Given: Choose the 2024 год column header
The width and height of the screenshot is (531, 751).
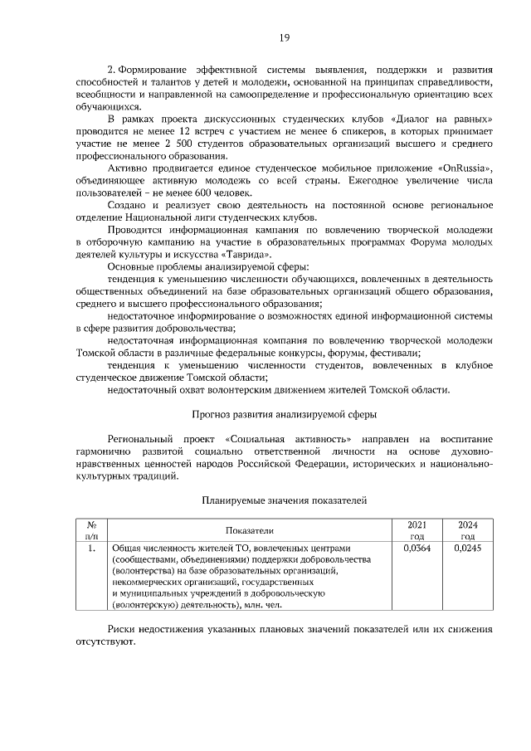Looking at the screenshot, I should tap(467, 529).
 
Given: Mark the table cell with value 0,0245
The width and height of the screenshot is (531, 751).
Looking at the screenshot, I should tap(467, 548).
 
